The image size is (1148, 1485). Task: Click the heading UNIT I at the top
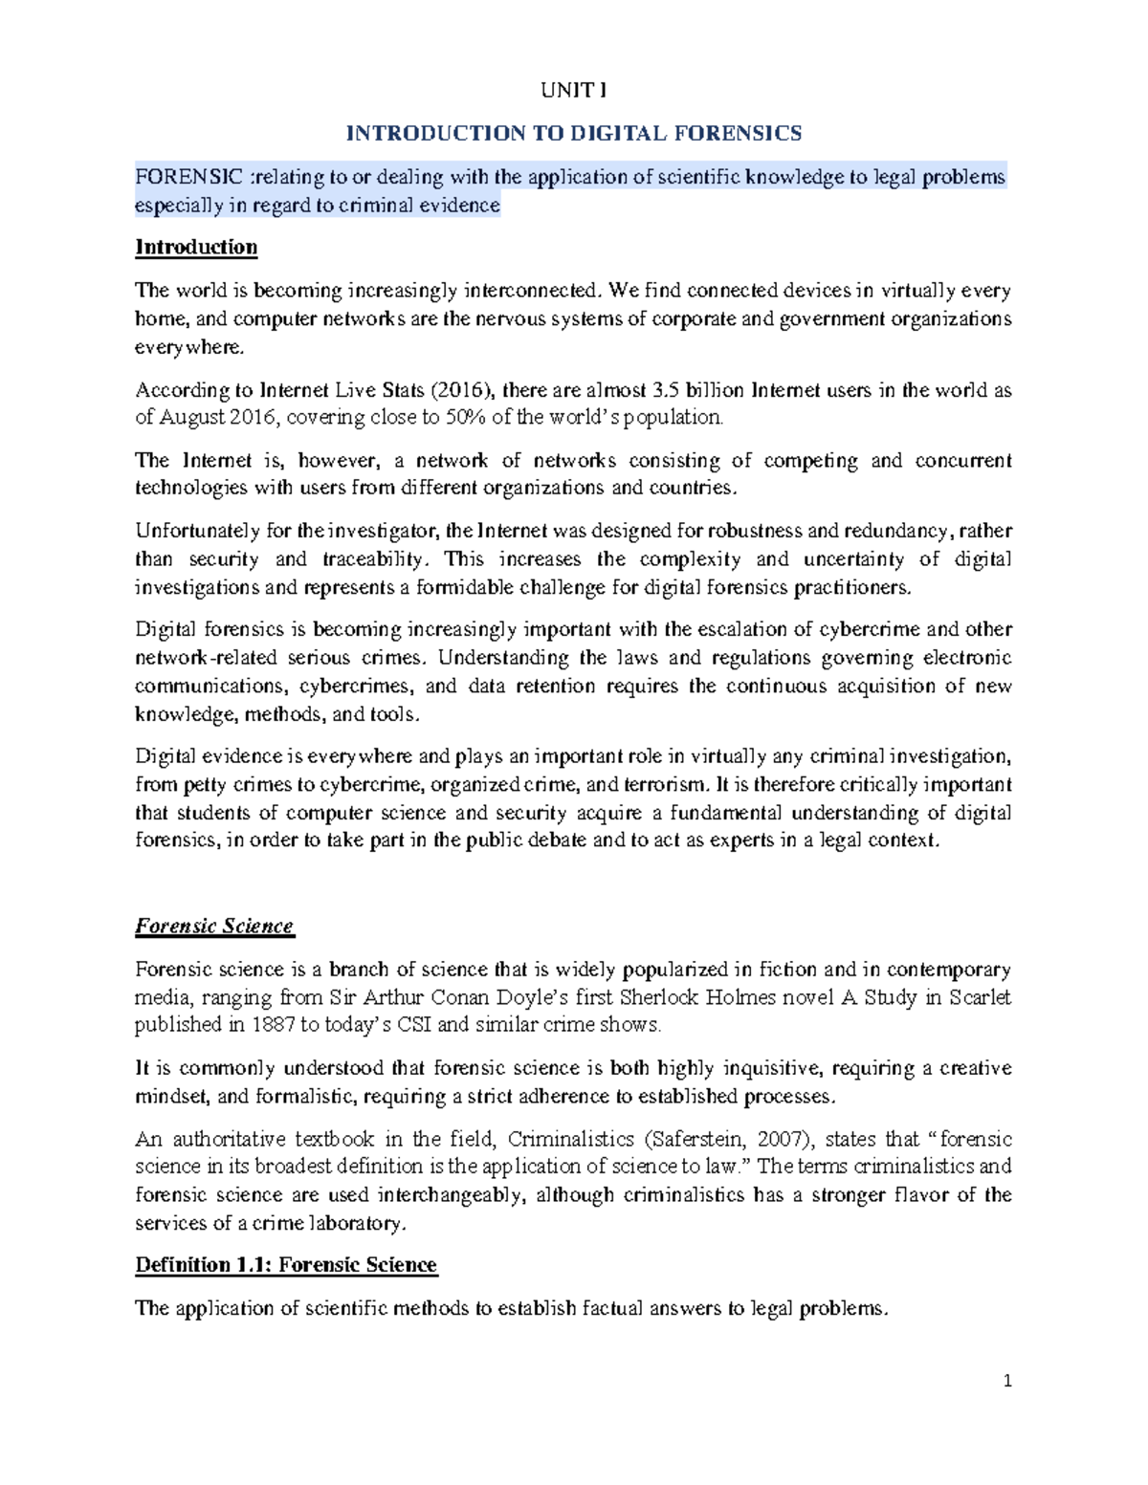pyautogui.click(x=573, y=91)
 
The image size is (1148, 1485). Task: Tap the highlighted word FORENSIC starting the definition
pyautogui.click(x=189, y=177)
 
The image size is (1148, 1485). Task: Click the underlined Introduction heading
pyautogui.click(x=196, y=248)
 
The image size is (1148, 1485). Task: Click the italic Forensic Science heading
pyautogui.click(x=214, y=927)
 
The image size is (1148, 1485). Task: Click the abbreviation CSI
pyautogui.click(x=414, y=1025)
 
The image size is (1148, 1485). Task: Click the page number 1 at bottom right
pyautogui.click(x=1006, y=1381)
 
